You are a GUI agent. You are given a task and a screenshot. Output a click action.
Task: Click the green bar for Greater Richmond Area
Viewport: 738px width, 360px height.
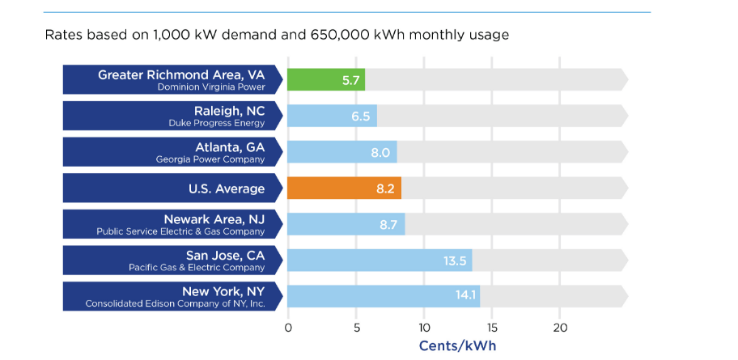pyautogui.click(x=326, y=79)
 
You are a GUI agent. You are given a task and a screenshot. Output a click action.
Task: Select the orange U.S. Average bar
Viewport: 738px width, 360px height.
pyautogui.click(x=344, y=188)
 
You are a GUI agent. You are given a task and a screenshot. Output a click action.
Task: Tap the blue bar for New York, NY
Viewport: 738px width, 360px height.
pyautogui.click(x=384, y=295)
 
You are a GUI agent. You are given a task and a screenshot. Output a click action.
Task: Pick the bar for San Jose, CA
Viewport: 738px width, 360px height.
pyautogui.click(x=380, y=260)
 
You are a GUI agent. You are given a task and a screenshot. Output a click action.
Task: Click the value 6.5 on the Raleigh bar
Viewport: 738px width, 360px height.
pyautogui.click(x=360, y=116)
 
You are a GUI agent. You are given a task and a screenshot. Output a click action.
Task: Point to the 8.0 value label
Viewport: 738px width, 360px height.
pyautogui.click(x=380, y=152)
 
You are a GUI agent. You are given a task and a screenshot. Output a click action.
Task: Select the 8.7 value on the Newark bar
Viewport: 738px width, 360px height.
pyautogui.click(x=388, y=224)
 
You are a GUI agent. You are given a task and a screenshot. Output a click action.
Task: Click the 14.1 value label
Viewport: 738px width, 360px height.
pyautogui.click(x=466, y=295)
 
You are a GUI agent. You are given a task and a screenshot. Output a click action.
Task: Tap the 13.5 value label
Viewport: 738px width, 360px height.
pyautogui.click(x=455, y=260)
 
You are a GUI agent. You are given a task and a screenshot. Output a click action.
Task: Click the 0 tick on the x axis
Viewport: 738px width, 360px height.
pyautogui.click(x=288, y=328)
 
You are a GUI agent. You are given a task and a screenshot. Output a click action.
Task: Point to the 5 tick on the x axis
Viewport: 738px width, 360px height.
pyautogui.click(x=356, y=328)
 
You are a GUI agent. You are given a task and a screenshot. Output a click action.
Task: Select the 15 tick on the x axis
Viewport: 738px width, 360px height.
pyautogui.click(x=492, y=328)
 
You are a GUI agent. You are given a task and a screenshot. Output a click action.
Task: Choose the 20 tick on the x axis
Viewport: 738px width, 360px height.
pyautogui.click(x=560, y=328)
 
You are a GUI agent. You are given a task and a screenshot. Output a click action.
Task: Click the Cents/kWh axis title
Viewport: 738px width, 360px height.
pyautogui.click(x=457, y=345)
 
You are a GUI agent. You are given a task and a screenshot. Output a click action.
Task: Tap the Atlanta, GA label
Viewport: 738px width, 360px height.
pyautogui.click(x=230, y=147)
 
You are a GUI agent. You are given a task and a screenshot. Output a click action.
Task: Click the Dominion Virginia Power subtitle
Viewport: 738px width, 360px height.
pyautogui.click(x=211, y=87)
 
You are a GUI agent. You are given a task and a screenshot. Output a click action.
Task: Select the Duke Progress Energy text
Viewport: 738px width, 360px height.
pyautogui.click(x=217, y=123)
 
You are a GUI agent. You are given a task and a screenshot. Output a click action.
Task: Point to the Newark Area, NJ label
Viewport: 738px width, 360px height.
pyautogui.click(x=214, y=219)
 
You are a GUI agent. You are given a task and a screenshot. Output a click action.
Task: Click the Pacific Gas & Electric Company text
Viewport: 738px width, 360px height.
pyautogui.click(x=197, y=267)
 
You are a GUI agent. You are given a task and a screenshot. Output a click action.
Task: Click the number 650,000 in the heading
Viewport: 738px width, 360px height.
pyautogui.click(x=348, y=36)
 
